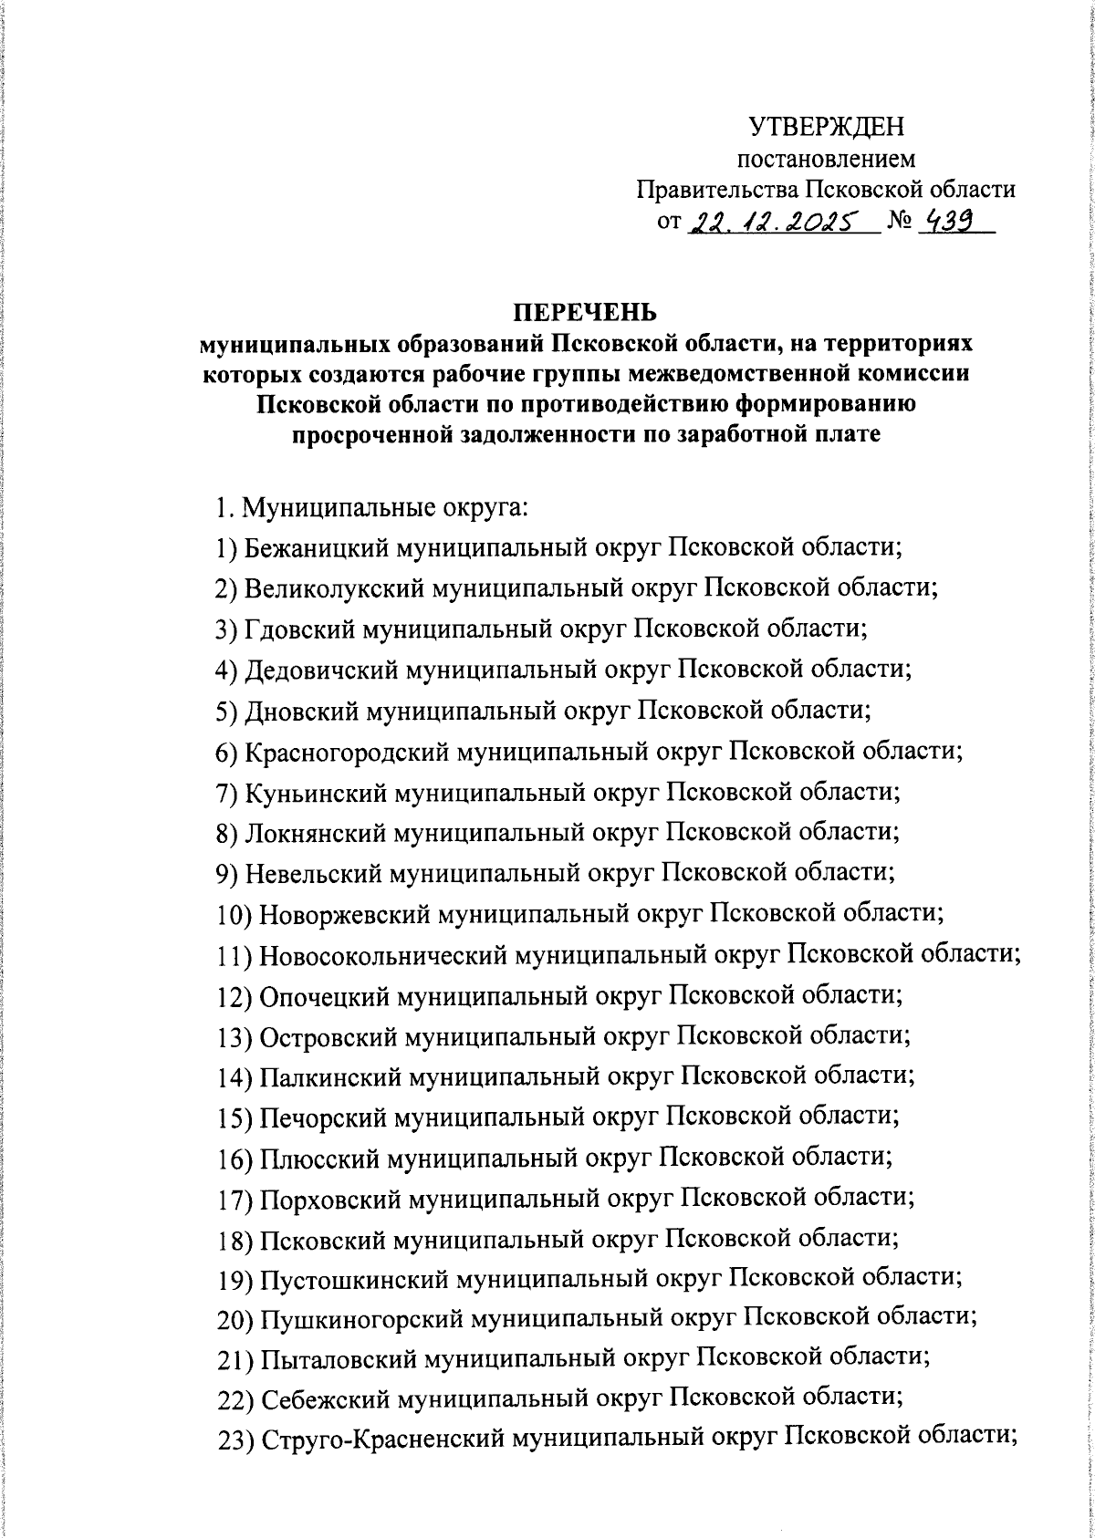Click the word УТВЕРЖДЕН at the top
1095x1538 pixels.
827,125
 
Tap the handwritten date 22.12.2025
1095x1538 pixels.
777,222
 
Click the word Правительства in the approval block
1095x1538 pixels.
717,190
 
